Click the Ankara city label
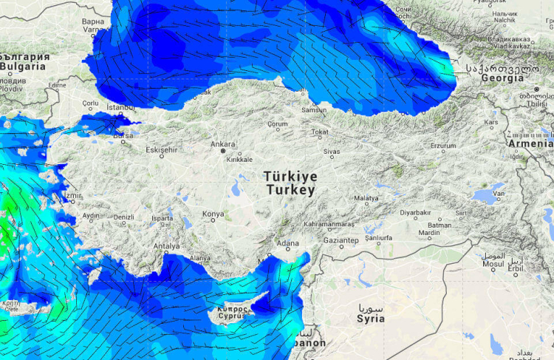223,144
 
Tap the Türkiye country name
291,177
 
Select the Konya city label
213,214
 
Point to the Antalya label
166,246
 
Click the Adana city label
287,243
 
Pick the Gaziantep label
341,241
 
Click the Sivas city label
331,152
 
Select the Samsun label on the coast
314,110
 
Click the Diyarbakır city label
415,212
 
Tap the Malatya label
366,198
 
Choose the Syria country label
370,319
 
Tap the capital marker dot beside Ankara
222,151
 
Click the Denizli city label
124,217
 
